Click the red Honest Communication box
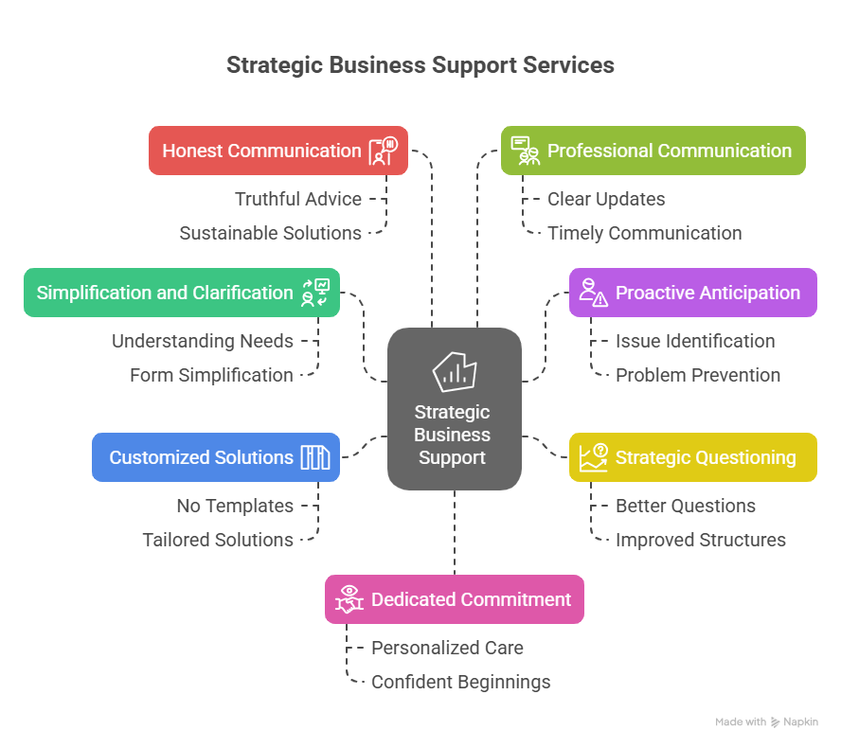click(277, 151)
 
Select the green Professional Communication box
click(653, 151)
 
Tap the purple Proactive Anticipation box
click(692, 293)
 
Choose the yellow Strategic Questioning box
click(692, 457)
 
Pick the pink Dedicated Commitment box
click(454, 599)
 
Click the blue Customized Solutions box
click(215, 457)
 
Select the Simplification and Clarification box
click(181, 293)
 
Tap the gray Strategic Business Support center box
click(454, 409)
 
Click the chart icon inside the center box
click(454, 372)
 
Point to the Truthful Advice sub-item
click(298, 199)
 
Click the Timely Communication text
click(644, 233)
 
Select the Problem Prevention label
click(698, 375)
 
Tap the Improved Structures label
click(701, 540)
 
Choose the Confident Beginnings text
click(460, 682)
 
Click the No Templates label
click(235, 506)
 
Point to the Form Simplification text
click(211, 375)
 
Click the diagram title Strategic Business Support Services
click(420, 65)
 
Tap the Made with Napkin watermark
click(766, 722)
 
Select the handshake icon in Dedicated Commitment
click(349, 599)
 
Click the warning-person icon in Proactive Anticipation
click(594, 293)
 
